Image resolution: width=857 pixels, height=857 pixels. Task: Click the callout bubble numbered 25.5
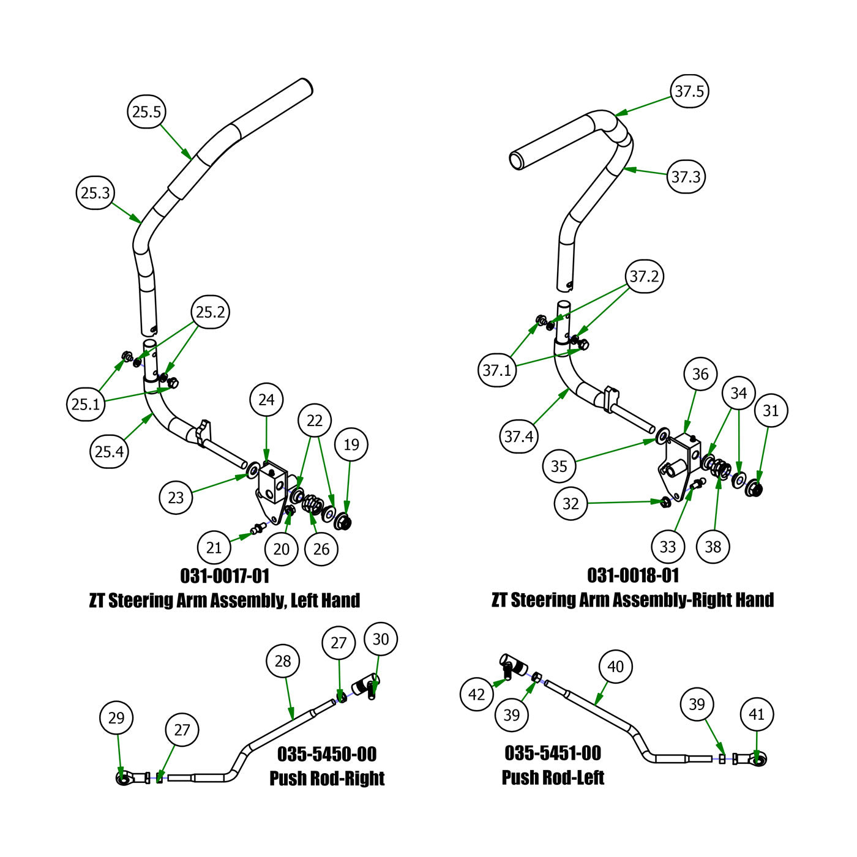coord(147,111)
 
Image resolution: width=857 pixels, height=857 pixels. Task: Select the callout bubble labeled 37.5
coord(689,91)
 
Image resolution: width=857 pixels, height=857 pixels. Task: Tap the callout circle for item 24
coord(266,400)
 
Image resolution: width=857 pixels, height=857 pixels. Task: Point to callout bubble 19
coord(351,444)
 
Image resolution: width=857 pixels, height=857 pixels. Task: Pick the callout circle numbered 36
coord(700,375)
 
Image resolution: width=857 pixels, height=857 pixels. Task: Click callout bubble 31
coord(771,410)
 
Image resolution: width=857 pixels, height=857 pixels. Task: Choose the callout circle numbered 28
coord(283,661)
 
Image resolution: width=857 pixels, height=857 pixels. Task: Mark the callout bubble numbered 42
coord(476,694)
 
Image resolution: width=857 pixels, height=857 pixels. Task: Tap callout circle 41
coord(757,714)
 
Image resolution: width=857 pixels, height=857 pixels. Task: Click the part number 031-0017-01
coord(225,576)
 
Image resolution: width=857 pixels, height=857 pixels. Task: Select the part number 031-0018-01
coord(633,575)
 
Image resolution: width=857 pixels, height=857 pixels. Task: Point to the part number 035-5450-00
coord(327,754)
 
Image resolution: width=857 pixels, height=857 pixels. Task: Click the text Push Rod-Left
coord(553,777)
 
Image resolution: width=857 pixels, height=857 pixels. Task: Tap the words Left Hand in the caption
coord(325,601)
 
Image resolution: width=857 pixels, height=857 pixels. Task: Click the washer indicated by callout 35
coord(662,436)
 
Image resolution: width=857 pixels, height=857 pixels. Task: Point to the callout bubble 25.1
coord(86,404)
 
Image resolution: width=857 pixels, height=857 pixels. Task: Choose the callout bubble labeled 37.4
coord(519,436)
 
